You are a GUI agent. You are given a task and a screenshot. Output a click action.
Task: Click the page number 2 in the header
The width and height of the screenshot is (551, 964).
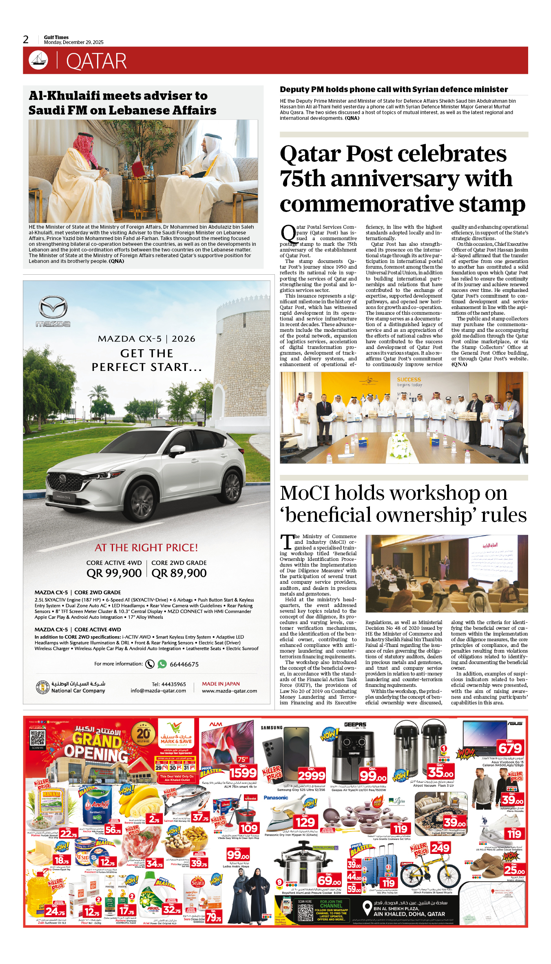(26, 40)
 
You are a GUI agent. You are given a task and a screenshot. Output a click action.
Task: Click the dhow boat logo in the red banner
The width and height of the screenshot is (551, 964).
(38, 60)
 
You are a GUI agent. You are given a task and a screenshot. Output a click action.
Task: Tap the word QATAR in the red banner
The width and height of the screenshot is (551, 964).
(96, 62)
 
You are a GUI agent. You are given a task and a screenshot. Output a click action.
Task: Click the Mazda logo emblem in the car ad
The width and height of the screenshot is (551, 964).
(53, 308)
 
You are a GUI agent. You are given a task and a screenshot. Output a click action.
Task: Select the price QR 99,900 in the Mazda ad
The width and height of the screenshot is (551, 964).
(114, 573)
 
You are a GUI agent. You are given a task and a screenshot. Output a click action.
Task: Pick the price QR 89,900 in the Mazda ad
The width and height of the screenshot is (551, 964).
(179, 573)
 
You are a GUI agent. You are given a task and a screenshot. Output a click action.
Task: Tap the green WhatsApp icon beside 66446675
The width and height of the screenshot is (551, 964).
(162, 664)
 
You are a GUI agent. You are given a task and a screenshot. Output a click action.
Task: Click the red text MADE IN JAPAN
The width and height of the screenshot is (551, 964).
(221, 684)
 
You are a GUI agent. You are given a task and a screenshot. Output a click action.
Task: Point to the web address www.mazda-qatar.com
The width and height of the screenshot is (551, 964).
(229, 691)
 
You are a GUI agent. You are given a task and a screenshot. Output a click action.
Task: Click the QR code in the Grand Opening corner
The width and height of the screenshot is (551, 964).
(38, 738)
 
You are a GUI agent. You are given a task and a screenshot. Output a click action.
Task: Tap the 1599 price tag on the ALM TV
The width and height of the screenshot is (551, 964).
(243, 772)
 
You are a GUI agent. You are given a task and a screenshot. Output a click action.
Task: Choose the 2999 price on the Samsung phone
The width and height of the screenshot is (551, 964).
(312, 775)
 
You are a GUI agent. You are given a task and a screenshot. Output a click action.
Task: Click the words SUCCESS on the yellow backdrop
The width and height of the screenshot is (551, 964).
(409, 379)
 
